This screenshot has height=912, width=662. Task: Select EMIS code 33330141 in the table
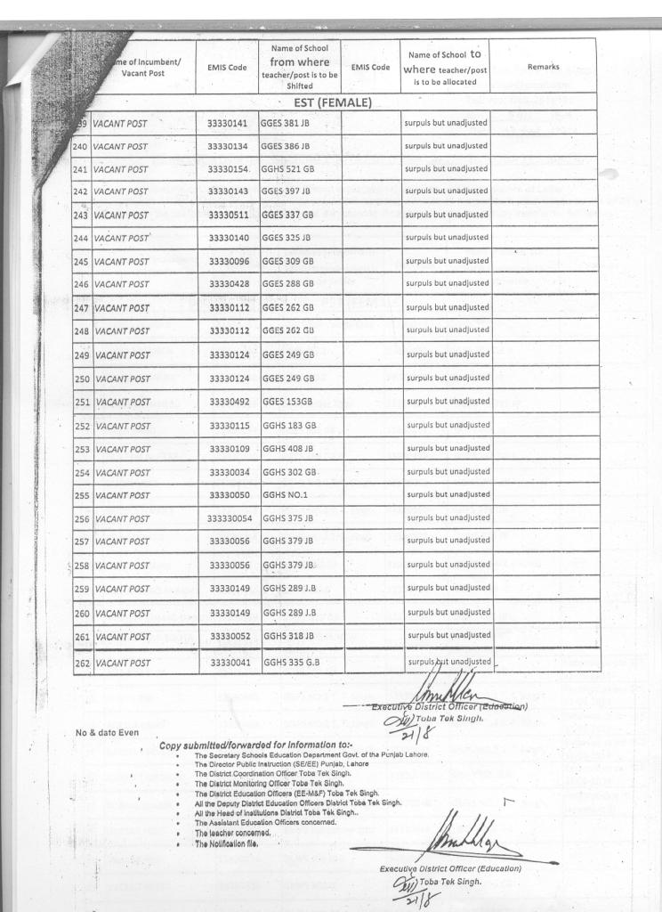(229, 122)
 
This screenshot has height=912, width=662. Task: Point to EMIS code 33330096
(229, 262)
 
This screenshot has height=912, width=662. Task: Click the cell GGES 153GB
(287, 402)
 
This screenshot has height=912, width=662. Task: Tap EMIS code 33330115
(229, 425)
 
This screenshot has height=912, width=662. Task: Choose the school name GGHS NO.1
(285, 494)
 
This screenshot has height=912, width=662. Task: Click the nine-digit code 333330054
(230, 518)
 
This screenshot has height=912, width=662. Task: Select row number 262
(82, 663)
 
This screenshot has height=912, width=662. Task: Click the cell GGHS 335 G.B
(290, 662)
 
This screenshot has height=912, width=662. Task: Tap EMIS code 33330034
(229, 471)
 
